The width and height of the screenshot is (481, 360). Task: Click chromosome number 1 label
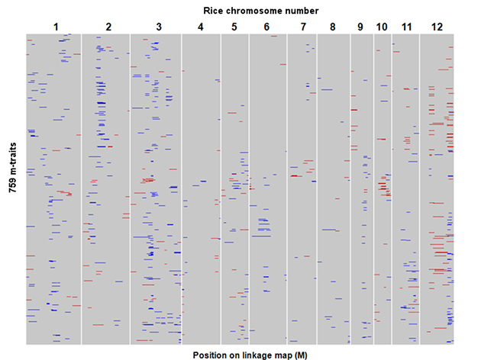(x=56, y=27)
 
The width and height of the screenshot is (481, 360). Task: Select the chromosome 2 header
(x=108, y=27)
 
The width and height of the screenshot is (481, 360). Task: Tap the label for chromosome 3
(x=158, y=27)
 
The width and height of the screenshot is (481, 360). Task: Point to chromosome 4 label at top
(x=200, y=27)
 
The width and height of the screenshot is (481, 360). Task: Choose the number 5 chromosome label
(x=234, y=27)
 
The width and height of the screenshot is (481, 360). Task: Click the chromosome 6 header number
(x=266, y=27)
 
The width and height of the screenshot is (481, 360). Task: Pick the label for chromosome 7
(x=303, y=27)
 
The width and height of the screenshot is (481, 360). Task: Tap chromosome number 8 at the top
(x=332, y=27)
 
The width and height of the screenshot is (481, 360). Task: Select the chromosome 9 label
(x=360, y=27)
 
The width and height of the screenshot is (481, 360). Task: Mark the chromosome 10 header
(x=382, y=27)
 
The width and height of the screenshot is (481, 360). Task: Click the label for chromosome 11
(x=406, y=27)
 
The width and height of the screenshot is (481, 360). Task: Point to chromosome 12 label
(x=437, y=27)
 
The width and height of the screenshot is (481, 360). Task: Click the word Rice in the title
(x=215, y=10)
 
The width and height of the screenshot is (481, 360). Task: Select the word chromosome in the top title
(x=257, y=10)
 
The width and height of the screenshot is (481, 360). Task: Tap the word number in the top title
(x=303, y=10)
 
